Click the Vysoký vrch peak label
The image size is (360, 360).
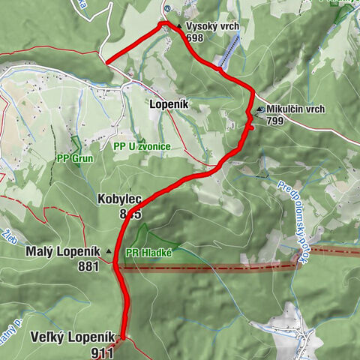coord(212,26)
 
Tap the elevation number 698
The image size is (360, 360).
coord(195,37)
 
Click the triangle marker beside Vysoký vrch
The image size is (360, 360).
coord(179,26)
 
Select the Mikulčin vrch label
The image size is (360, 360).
coord(295,109)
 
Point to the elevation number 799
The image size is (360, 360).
coord(274,121)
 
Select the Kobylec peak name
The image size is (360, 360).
coord(119,200)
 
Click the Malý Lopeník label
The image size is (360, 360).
coord(63,251)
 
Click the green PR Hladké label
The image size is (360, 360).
coord(149,253)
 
